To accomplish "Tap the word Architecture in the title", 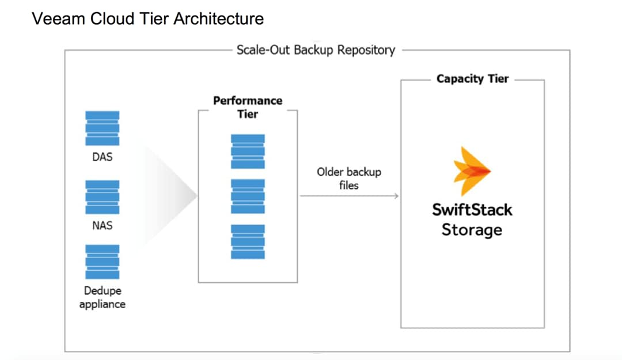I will pos(218,19).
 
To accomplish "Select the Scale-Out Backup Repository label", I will pos(316,50).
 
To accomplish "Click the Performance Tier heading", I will pos(248,107).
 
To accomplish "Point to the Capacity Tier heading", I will pos(472,79).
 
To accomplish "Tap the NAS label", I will pos(102,225).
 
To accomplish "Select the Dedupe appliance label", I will pos(102,297).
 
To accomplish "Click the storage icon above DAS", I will pos(102,128).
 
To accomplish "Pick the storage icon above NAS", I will pos(102,196).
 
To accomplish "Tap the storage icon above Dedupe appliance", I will pos(102,262).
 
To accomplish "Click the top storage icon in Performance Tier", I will pos(248,151).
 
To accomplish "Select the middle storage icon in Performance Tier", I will pos(248,196).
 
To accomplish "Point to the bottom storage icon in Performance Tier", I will pos(248,241).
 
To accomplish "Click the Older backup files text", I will pos(348,179).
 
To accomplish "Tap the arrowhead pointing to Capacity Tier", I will pos(396,196).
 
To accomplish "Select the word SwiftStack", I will pos(472,209).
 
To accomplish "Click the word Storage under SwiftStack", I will pos(472,230).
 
